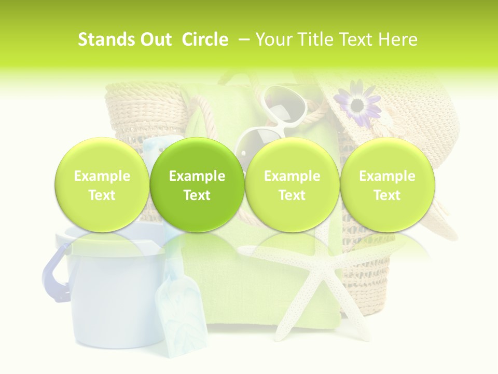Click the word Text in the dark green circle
coord(197,195)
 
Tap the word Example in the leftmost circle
coord(102,176)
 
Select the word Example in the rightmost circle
coord(387,176)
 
